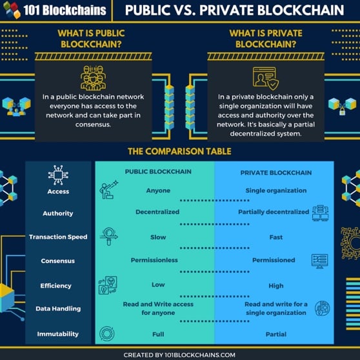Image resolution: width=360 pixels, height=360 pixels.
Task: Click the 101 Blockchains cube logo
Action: point(12,10)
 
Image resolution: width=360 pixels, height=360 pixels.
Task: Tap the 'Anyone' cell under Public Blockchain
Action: point(158,190)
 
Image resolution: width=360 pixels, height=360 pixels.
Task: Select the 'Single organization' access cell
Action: point(276,190)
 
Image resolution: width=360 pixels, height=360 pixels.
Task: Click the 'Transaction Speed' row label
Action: point(58,237)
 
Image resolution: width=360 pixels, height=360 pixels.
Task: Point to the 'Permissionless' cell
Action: point(154,260)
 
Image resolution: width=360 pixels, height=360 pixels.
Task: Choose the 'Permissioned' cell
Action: point(274,260)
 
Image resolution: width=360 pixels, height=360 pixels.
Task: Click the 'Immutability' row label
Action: point(58,334)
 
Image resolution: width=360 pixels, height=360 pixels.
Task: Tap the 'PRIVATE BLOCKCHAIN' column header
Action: point(276,173)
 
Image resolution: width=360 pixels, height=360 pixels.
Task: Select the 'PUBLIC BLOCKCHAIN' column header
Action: point(158,172)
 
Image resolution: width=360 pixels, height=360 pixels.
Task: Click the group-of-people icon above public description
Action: point(93,78)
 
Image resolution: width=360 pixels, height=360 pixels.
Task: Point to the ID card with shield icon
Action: point(266,78)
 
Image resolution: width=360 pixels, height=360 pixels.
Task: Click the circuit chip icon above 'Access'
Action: point(58,175)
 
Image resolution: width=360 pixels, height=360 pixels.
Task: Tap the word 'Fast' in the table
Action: point(276,237)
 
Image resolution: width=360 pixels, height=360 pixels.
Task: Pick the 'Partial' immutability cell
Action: point(276,334)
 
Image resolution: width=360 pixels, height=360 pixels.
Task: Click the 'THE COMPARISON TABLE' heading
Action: point(179,152)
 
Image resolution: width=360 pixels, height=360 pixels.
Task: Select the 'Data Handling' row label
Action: point(58,309)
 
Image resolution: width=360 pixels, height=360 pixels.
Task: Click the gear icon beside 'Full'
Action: point(106,334)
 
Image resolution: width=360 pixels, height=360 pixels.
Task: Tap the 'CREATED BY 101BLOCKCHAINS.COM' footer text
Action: point(179,355)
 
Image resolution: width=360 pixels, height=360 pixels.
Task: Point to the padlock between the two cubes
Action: point(342,111)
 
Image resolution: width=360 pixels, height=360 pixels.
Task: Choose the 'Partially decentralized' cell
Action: point(274,212)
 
